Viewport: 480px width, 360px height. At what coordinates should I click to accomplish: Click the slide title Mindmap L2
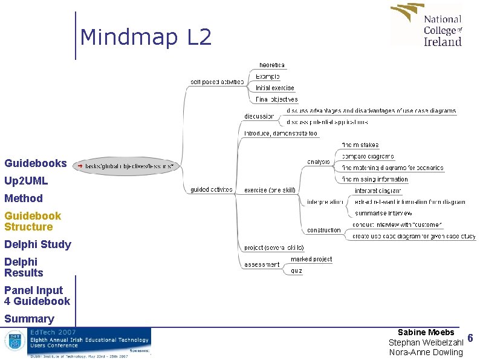pos(146,38)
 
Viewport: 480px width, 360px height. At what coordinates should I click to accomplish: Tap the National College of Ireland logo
pos(427,25)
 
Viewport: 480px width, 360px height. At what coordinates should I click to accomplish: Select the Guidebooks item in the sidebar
pos(36,163)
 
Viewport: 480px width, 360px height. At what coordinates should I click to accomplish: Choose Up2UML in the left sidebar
pos(26,181)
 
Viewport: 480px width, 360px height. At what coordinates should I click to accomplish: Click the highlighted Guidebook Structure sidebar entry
pos(33,221)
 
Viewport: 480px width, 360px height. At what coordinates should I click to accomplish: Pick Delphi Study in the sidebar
pos(37,244)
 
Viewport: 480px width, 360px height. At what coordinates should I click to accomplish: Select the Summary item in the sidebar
pos(29,319)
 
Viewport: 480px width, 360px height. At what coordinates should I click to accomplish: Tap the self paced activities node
pos(217,81)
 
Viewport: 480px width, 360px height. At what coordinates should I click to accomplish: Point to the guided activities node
pos(212,189)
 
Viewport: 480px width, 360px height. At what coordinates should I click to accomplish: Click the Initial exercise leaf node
pos(274,88)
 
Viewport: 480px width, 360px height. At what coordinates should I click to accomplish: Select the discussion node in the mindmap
pos(259,116)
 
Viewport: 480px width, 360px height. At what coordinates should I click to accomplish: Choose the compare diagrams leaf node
pos(368,157)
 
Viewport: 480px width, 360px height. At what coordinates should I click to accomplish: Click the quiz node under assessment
pos(296,271)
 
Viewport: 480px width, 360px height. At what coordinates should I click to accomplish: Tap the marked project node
pos(311,259)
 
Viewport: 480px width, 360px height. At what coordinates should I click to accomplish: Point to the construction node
pos(324,230)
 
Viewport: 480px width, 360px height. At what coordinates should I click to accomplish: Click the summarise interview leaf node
pos(383,213)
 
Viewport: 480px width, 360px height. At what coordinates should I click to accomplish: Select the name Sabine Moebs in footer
pos(426,332)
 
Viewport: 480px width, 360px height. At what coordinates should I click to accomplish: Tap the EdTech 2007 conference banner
pos(77,343)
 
